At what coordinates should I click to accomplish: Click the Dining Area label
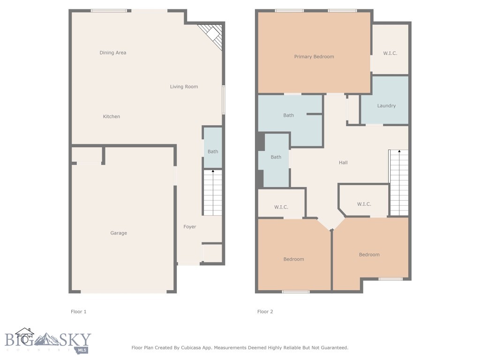[x=113, y=53]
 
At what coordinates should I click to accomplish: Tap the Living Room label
[x=184, y=87]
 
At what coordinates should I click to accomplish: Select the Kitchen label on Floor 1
[x=112, y=117]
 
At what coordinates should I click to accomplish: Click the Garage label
[x=119, y=233]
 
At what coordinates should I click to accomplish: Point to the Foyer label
[x=189, y=227]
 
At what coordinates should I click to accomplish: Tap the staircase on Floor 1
[x=212, y=193]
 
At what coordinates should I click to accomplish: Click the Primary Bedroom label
[x=314, y=57]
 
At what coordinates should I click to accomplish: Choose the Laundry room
[x=386, y=106]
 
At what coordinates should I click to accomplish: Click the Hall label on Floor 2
[x=343, y=163]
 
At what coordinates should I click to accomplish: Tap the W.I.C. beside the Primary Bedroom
[x=390, y=53]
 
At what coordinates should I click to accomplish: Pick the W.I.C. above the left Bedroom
[x=281, y=207]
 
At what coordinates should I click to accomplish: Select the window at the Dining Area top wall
[x=109, y=11]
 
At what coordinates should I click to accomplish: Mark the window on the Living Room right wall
[x=224, y=99]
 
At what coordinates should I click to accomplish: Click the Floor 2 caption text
[x=265, y=312]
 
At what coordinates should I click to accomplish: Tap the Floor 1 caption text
[x=78, y=312]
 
